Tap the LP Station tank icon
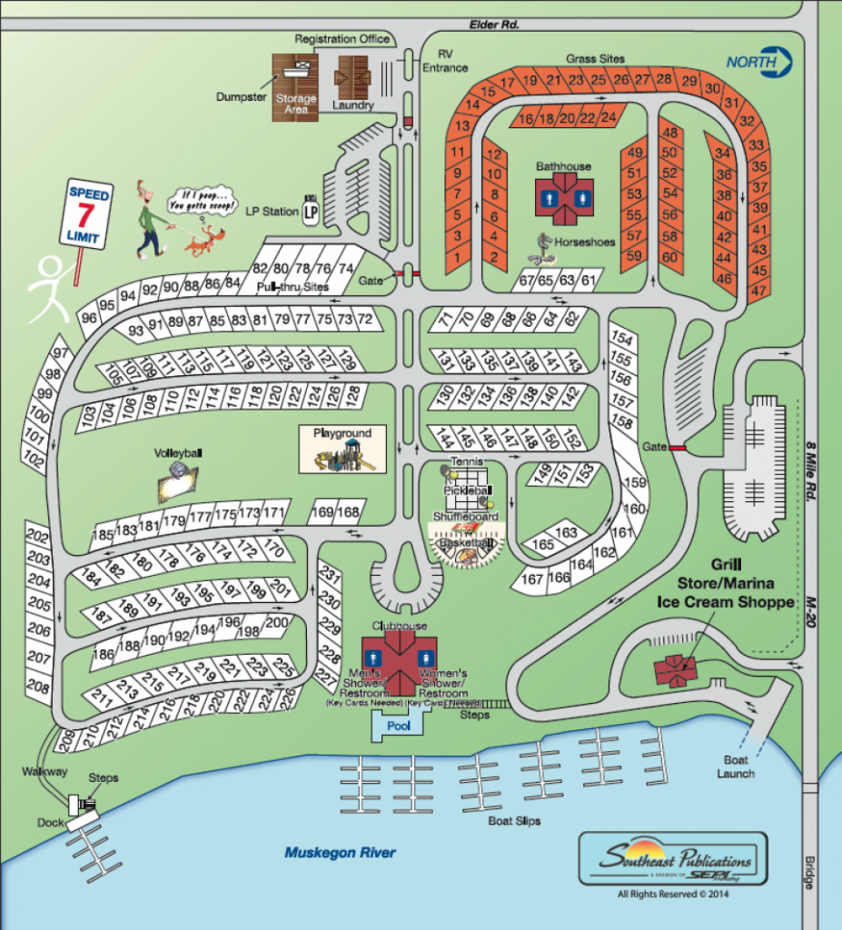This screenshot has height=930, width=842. click(311, 211)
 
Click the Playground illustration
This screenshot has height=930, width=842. click(342, 450)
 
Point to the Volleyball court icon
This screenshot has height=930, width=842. click(177, 480)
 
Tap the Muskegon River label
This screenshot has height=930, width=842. click(340, 853)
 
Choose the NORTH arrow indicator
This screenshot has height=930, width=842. click(759, 63)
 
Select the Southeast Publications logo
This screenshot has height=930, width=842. click(673, 859)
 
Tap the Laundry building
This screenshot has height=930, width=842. click(352, 79)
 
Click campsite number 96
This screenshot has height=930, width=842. click(89, 318)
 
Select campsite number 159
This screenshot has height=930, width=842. click(634, 483)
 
